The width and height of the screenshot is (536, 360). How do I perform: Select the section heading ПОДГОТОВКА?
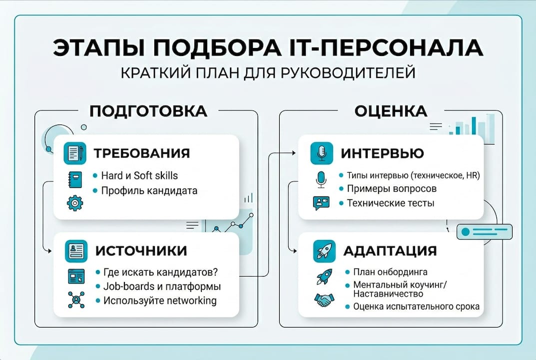(148, 111)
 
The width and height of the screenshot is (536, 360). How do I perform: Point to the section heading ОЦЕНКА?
(391, 111)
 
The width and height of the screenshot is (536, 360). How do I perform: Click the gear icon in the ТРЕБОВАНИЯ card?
(75, 202)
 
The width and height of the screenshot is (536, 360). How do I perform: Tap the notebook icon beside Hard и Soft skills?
(75, 179)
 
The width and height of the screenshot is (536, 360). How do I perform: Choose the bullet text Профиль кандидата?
(149, 190)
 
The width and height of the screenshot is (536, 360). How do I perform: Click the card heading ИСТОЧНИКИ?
(140, 250)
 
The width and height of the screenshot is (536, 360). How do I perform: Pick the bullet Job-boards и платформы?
(161, 286)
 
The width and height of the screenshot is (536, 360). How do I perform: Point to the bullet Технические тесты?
(390, 203)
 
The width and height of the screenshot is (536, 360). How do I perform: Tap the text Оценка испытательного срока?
(416, 306)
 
